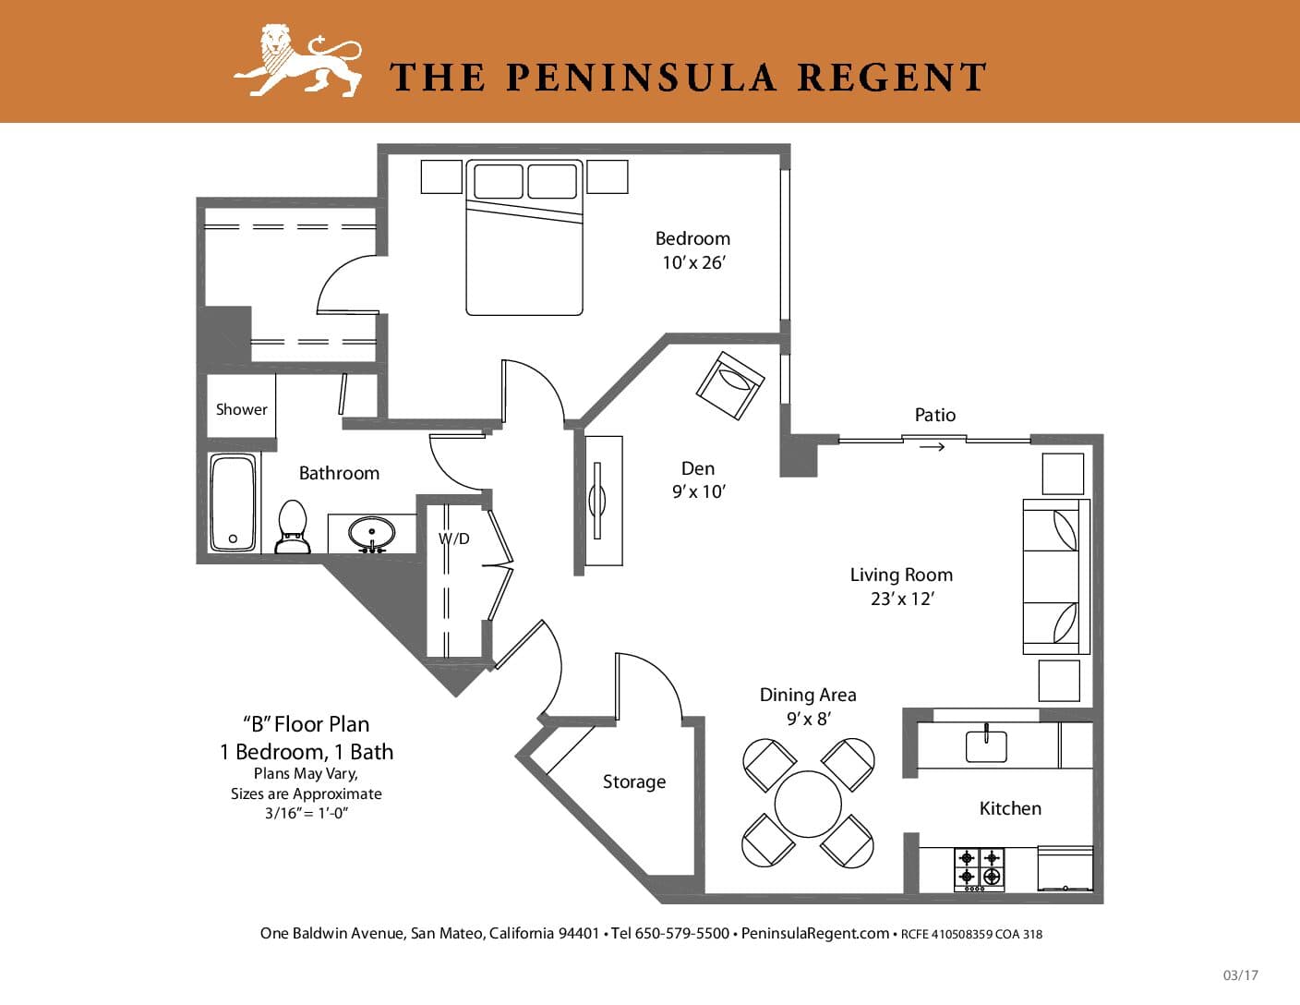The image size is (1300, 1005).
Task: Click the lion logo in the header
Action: [298, 60]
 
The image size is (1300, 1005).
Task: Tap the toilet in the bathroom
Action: [293, 527]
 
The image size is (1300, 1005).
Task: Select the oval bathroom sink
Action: [371, 533]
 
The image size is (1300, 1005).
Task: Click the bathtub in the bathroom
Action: [234, 502]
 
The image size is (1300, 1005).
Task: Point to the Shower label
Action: [241, 409]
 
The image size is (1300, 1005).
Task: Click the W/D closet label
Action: [453, 539]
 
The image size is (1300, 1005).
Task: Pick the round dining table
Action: [808, 804]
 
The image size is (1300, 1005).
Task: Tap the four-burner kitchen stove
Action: [980, 869]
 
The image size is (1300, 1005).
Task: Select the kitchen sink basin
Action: [986, 745]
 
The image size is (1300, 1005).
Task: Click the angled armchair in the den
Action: [730, 385]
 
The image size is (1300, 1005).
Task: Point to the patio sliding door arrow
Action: [933, 446]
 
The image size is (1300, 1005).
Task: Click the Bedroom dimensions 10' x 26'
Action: [693, 262]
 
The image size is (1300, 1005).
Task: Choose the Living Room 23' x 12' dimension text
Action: [902, 599]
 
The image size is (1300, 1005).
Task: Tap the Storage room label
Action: [634, 781]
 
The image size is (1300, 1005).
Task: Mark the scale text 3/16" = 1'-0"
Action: [307, 813]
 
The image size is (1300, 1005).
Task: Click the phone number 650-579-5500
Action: [682, 933]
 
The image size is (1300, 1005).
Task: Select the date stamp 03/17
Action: [1241, 975]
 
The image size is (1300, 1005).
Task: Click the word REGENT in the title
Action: [891, 78]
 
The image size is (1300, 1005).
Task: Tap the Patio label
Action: [935, 415]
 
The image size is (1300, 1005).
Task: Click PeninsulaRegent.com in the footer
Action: [815, 933]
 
